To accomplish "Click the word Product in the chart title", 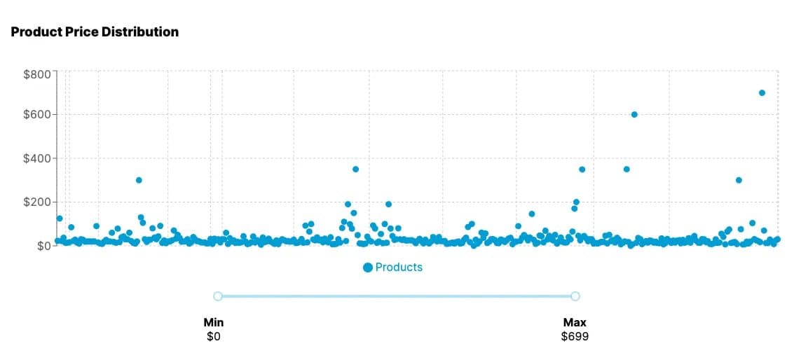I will tap(34, 32).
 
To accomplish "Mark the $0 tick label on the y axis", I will tap(42, 246).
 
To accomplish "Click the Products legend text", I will tap(399, 268).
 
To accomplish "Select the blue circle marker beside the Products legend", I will tap(368, 268).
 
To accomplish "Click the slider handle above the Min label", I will tap(218, 296).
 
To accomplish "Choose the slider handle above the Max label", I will tap(575, 296).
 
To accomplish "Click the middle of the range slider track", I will tap(397, 296).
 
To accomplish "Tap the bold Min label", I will tap(213, 323).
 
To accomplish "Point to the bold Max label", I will tap(575, 323).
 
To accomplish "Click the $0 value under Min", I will tap(213, 337).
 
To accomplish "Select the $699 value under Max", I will tap(575, 337).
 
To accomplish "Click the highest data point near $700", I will tap(762, 92).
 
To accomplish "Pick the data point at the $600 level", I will tap(634, 114).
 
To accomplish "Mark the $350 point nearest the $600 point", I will tap(627, 169).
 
